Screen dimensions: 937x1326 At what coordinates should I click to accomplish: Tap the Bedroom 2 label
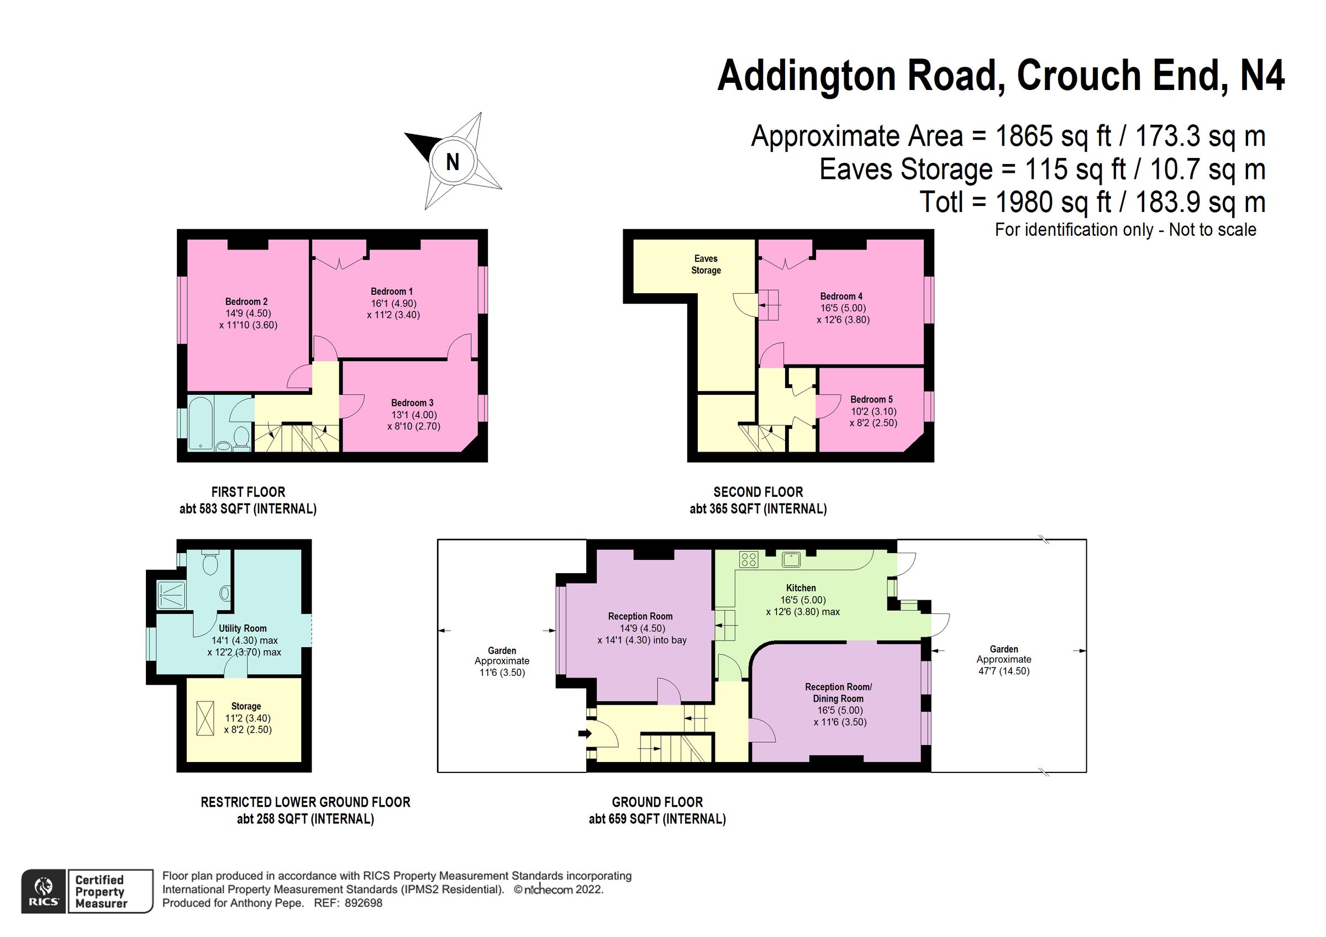coord(246,301)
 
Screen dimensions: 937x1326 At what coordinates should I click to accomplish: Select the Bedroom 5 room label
coord(871,400)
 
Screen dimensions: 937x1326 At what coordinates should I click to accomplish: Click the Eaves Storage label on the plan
coord(706,264)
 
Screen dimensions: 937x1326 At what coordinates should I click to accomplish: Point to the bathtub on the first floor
coord(201,423)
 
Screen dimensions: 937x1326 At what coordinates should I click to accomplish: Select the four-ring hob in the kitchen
coord(749,559)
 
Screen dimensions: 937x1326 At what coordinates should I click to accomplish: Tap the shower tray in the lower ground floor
coord(172,595)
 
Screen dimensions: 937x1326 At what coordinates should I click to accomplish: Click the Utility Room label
coord(243,628)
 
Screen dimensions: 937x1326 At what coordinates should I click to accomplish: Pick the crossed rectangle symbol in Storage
coord(205,718)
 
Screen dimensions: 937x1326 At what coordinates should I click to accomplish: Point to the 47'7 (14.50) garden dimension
coord(1003,671)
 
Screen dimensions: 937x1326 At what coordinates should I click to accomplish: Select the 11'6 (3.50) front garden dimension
coord(501,673)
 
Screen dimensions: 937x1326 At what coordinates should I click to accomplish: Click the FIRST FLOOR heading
coord(248,492)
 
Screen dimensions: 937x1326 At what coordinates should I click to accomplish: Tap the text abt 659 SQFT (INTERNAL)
coord(657,819)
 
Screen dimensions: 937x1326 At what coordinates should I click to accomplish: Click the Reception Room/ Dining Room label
coord(838,692)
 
